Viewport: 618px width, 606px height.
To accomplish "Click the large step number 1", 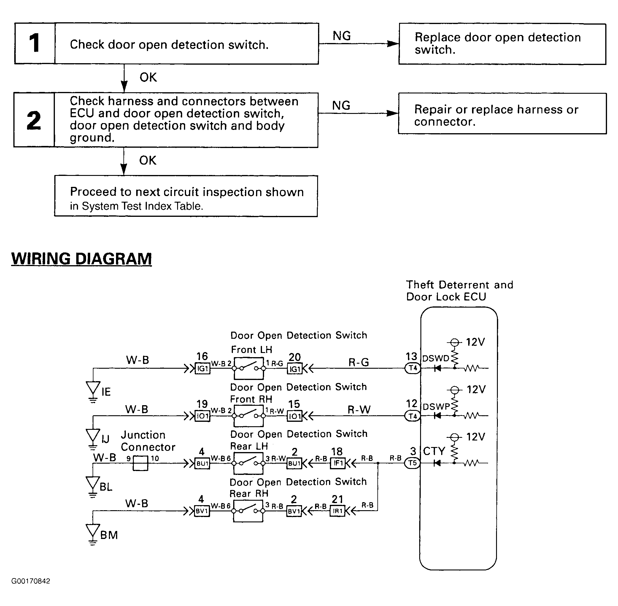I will point(34,43).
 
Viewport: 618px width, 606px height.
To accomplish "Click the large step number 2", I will point(34,120).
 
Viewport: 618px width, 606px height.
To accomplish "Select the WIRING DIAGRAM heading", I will point(82,258).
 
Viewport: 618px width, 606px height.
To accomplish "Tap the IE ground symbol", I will point(93,390).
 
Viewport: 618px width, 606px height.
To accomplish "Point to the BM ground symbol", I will point(93,534).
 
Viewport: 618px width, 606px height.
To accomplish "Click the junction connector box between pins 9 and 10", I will point(140,463).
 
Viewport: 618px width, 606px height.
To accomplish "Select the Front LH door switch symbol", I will point(249,368).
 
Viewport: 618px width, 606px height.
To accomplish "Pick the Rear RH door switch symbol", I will point(248,511).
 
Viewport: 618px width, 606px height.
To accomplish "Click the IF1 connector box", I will point(338,463).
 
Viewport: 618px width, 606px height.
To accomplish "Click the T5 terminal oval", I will point(412,463).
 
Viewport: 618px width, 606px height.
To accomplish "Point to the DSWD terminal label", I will point(436,358).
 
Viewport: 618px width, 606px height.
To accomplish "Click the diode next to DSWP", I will point(438,416).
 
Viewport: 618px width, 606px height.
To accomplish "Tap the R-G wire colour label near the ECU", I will point(358,362).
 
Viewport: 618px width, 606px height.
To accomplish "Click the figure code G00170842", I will point(31,581).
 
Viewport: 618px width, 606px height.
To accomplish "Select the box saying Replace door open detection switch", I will point(502,44).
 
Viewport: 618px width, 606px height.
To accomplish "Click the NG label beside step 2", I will point(341,105).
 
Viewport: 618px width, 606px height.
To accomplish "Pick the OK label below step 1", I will point(148,77).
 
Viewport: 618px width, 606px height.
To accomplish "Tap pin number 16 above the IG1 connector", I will point(202,356).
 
